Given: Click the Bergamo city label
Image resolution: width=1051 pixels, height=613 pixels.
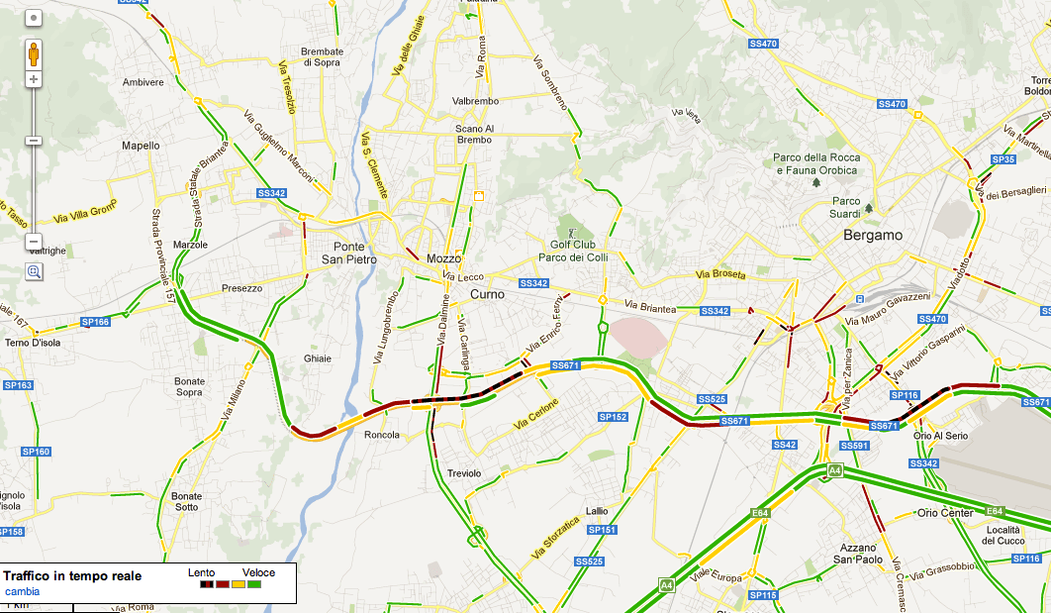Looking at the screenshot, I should pos(873,236).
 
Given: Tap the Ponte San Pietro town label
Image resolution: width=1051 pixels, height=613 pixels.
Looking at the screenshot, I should pos(335,254).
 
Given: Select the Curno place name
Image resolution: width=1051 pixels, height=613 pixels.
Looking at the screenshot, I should pos(487,294).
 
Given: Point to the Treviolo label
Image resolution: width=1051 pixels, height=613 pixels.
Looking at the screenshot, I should pos(463,473).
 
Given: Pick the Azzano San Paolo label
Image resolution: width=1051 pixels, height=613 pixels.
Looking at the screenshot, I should pos(857,554).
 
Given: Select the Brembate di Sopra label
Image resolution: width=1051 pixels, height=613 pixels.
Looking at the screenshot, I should pos(322,56).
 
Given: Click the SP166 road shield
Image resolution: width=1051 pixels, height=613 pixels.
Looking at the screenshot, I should pos(95,322).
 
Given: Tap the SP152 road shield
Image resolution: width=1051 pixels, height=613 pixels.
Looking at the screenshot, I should pos(614,417).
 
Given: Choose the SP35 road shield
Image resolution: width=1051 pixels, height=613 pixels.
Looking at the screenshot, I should pos(1003,159).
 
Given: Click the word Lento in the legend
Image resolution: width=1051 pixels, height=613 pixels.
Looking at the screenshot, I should pos(201,572).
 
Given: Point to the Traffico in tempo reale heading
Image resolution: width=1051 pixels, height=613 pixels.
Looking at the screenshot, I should pos(72,575).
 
